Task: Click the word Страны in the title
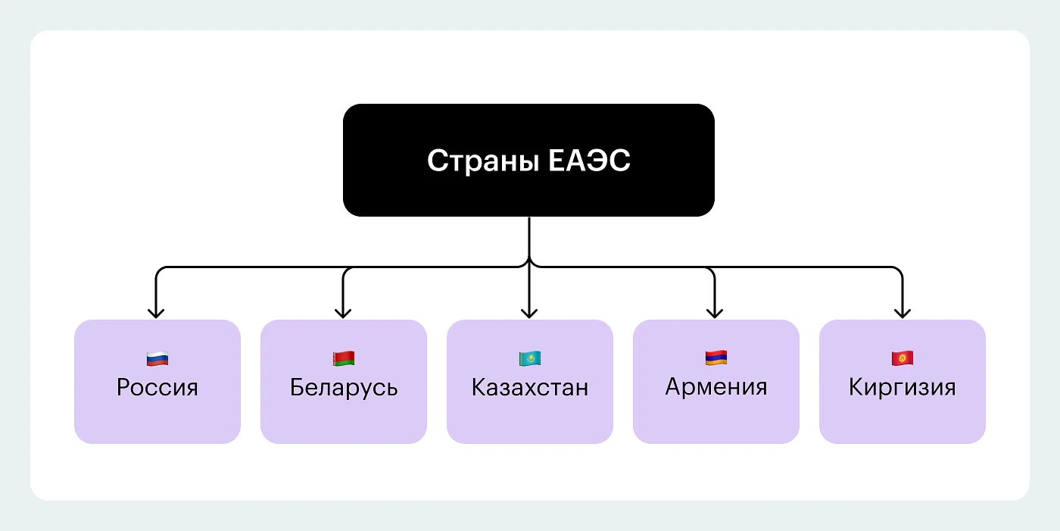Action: [475, 161]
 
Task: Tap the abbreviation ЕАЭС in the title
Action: [588, 161]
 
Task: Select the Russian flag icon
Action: [157, 358]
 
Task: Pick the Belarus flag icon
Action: [343, 358]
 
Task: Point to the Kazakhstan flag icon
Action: [529, 358]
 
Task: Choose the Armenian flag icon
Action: [715, 358]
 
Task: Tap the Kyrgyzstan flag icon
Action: [902, 358]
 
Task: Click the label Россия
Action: [157, 388]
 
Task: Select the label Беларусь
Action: [344, 388]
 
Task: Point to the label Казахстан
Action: [530, 388]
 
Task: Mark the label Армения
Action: [716, 387]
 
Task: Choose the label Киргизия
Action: [903, 388]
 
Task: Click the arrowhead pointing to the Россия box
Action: [156, 311]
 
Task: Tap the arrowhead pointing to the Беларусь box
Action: [343, 311]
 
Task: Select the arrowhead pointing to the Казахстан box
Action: [529, 311]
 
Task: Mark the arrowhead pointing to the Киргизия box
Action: [901, 311]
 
